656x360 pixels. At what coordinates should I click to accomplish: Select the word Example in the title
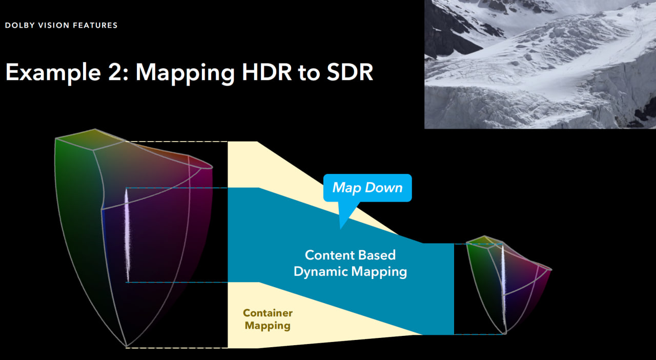(x=53, y=73)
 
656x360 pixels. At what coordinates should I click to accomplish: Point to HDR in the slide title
(x=266, y=72)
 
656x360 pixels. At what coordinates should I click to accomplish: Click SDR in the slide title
(x=350, y=72)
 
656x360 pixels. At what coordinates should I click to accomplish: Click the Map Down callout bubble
(x=367, y=188)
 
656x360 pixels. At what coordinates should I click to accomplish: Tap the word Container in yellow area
(x=268, y=313)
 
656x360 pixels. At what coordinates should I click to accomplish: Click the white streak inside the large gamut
(x=127, y=234)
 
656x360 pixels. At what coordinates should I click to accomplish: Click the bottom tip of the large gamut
(x=126, y=347)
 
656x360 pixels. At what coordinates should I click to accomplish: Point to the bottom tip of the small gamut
(x=505, y=333)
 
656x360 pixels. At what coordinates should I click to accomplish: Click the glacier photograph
(x=540, y=64)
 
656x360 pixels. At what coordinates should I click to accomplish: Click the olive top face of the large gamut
(x=91, y=139)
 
